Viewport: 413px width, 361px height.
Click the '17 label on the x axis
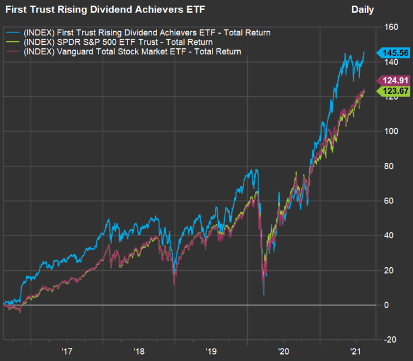(x=67, y=351)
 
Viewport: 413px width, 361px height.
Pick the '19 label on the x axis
(x=211, y=351)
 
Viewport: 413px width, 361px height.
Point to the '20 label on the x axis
(x=283, y=351)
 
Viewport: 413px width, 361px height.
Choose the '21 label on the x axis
(x=355, y=351)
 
